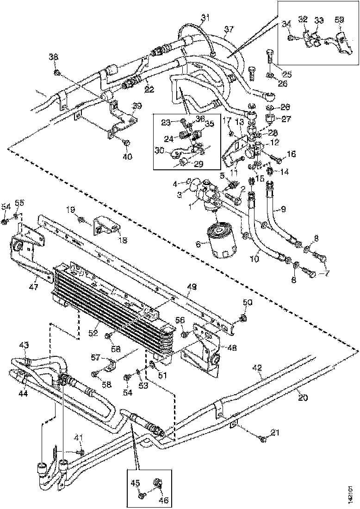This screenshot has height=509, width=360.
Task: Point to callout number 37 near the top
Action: (x=229, y=31)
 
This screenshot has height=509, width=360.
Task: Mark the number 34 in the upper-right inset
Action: (x=286, y=25)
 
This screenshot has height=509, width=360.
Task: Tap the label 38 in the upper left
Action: (x=54, y=57)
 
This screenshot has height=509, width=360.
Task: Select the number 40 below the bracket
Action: (x=127, y=156)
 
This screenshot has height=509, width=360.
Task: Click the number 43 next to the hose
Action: (x=24, y=345)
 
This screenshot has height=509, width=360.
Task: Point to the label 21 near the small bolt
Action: (x=275, y=433)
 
